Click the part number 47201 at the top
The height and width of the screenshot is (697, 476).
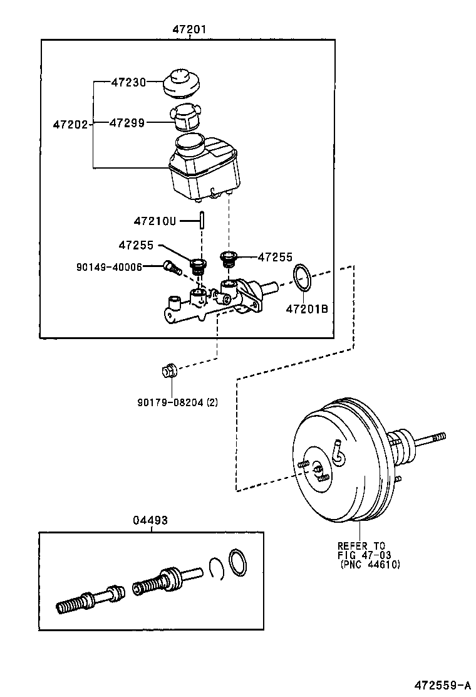click(x=190, y=30)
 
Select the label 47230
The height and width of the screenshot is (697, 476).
click(x=128, y=82)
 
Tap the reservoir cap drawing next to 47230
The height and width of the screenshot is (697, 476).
click(x=181, y=85)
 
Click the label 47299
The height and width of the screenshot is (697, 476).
click(x=127, y=123)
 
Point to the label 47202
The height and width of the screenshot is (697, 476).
click(x=71, y=125)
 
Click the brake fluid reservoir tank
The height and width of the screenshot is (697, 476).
click(x=204, y=169)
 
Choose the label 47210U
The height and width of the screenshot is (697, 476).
click(x=155, y=221)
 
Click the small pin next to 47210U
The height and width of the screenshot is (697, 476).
click(x=202, y=220)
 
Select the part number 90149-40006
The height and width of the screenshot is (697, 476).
click(x=109, y=267)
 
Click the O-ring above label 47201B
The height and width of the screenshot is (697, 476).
click(x=302, y=278)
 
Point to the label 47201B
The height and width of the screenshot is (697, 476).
click(x=307, y=308)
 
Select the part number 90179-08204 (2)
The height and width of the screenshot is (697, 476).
click(x=178, y=402)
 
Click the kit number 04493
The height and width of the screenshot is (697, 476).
click(x=150, y=520)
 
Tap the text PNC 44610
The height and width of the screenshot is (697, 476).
click(x=370, y=565)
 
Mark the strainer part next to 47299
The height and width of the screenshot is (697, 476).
click(x=185, y=117)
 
